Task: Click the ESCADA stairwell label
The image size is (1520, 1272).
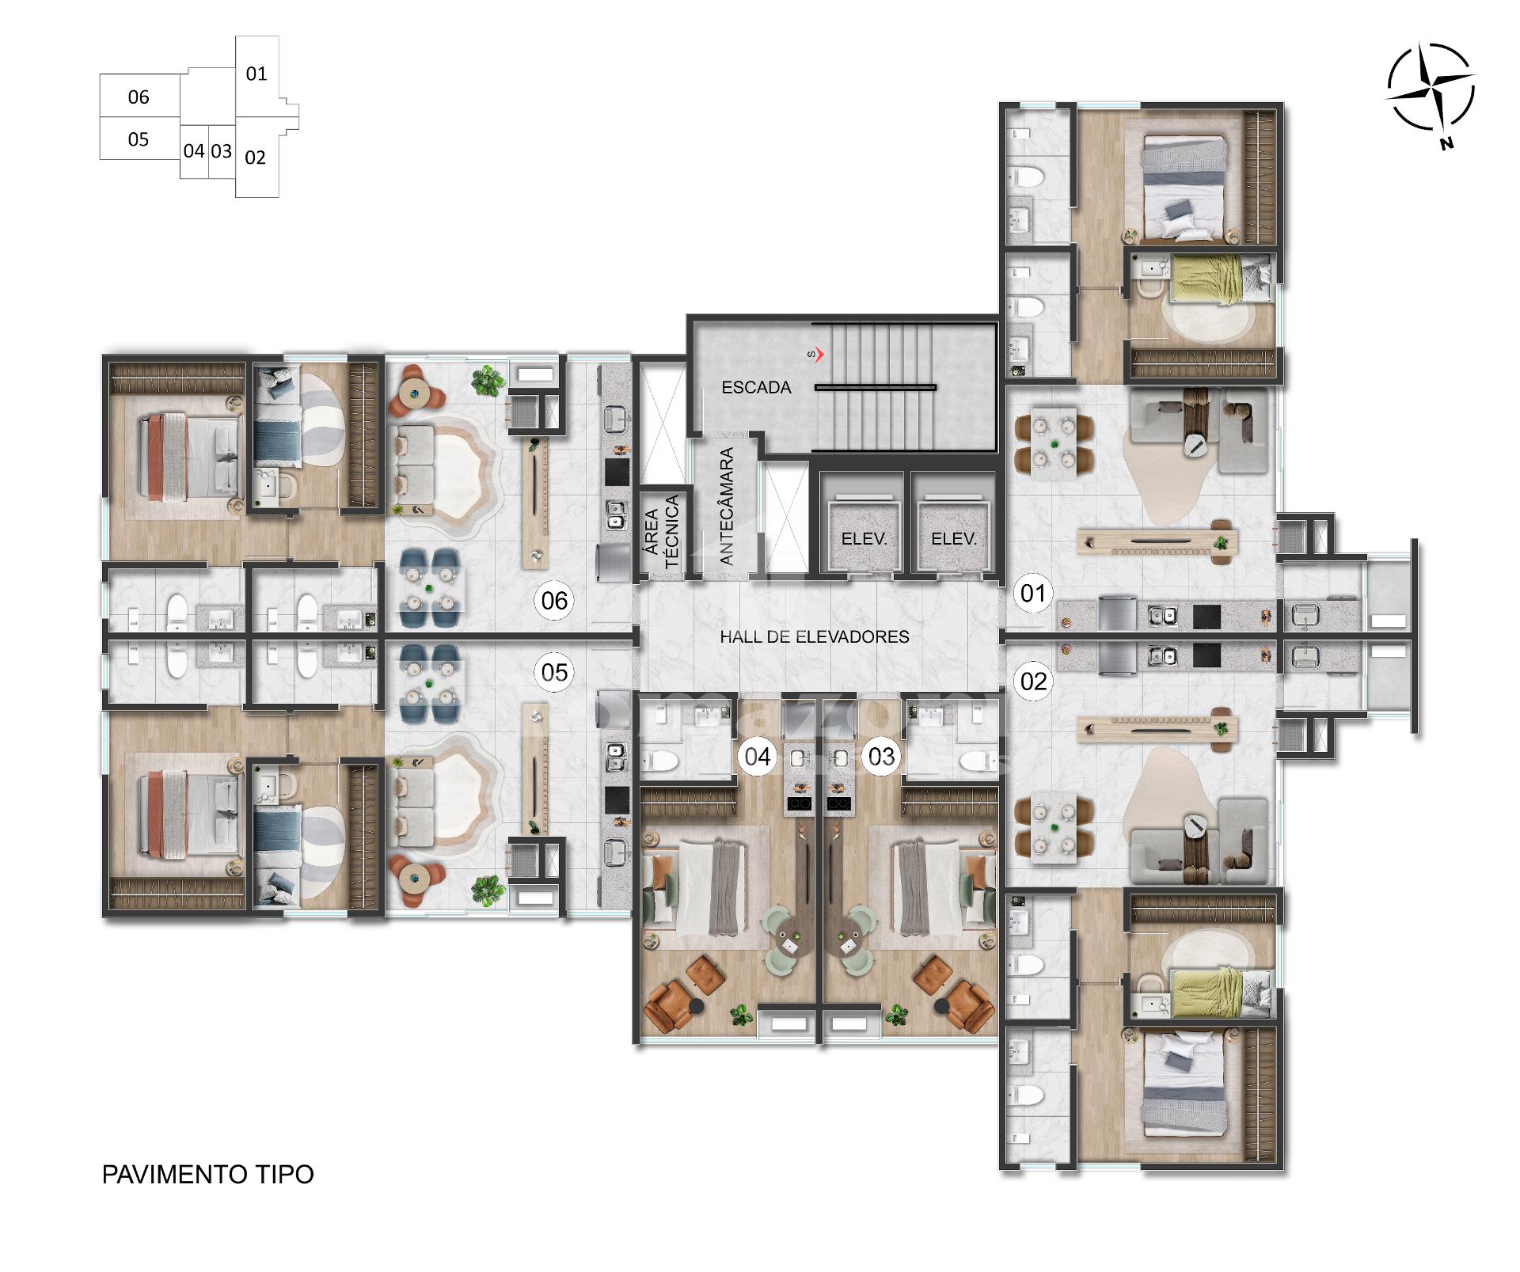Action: click(x=756, y=387)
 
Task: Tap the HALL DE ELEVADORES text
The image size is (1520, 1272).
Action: click(x=815, y=636)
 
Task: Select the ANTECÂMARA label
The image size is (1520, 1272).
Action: click(x=727, y=507)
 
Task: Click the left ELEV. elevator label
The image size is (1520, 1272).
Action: click(x=864, y=539)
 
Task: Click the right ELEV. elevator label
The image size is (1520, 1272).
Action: click(x=954, y=539)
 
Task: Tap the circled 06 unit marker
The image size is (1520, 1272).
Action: click(x=554, y=601)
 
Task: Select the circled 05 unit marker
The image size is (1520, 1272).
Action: click(x=554, y=672)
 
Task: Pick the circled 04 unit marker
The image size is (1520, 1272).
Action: click(x=758, y=757)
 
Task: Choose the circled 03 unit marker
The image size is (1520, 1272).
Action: click(x=881, y=757)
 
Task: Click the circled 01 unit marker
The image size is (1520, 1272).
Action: click(x=1033, y=593)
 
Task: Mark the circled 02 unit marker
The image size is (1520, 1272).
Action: click(x=1033, y=681)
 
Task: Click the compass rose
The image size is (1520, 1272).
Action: click(x=1431, y=88)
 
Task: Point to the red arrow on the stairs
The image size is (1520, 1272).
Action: click(x=819, y=355)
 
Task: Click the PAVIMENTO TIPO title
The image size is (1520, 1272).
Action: click(x=208, y=1174)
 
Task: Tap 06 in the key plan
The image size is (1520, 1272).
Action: click(x=139, y=97)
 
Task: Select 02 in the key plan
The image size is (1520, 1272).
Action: click(x=255, y=158)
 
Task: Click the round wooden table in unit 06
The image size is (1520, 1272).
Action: click(x=413, y=392)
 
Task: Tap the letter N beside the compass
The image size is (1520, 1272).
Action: click(x=1447, y=143)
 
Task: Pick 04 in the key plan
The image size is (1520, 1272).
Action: click(x=194, y=150)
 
